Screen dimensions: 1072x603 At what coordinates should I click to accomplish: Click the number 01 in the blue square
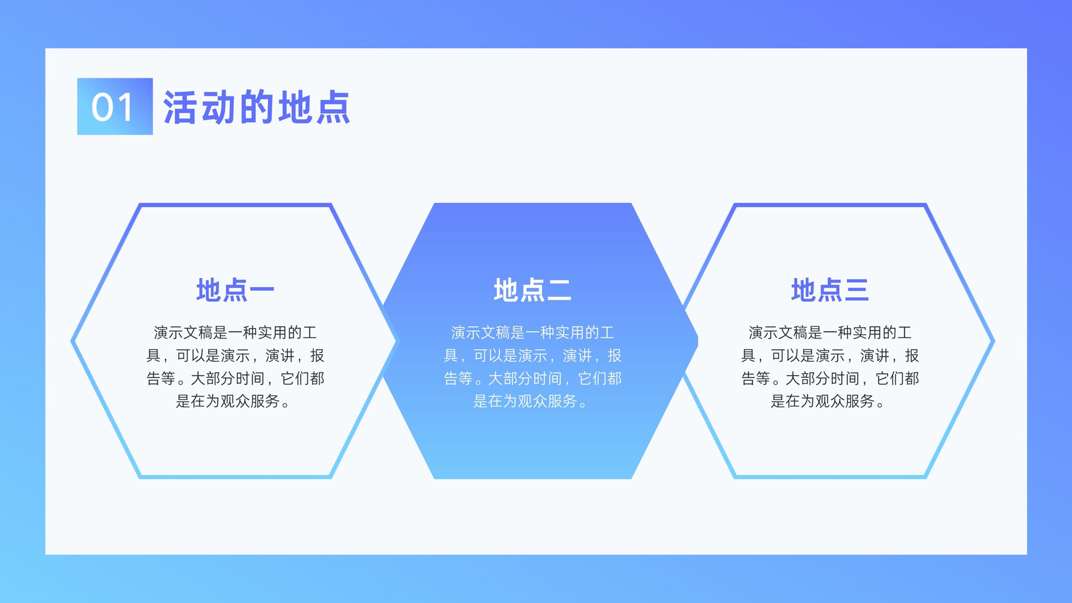pos(113,107)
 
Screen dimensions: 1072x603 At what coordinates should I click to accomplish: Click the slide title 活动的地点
pos(257,107)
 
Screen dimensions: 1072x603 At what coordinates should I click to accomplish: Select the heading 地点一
pos(235,290)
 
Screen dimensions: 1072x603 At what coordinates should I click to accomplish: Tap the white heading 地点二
pos(533,290)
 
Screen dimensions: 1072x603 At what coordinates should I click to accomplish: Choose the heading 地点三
pos(830,290)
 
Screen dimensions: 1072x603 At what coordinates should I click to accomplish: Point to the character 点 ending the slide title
pos(333,107)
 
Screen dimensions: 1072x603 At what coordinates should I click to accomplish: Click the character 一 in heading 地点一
pos(262,290)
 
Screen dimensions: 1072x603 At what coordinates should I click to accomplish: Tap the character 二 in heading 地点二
pos(559,290)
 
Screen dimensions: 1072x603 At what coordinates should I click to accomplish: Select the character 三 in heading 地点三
pos(857,290)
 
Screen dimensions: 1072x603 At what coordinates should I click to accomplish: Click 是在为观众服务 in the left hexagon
pos(228,401)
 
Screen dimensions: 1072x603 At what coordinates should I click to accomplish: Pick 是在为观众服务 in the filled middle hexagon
pos(525,401)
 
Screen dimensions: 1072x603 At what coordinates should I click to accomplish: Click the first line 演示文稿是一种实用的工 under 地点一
pos(235,332)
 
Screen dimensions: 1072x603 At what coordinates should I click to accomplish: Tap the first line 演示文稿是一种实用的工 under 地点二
pos(533,332)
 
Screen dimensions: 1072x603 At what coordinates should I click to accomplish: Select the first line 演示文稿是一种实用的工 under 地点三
pos(830,332)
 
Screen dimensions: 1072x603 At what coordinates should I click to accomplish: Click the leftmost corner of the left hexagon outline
pos(72,341)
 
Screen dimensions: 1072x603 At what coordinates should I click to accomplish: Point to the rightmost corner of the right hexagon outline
pos(994,341)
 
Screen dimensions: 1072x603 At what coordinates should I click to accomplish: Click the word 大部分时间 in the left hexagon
pos(228,379)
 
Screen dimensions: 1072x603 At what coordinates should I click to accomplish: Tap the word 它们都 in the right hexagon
pos(897,379)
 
